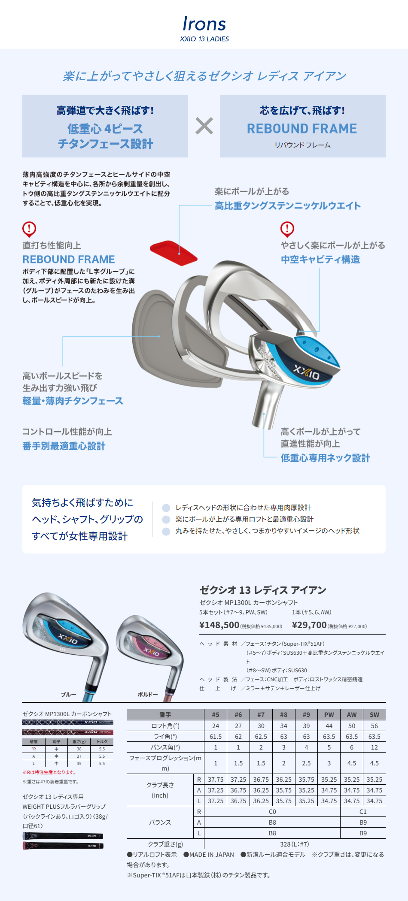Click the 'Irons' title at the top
point(204,24)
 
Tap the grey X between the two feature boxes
point(204,126)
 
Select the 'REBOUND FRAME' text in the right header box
point(302,129)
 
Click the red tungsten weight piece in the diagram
point(173,253)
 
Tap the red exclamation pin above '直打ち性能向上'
point(29,229)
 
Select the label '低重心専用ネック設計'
point(325,458)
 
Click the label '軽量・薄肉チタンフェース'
point(73,401)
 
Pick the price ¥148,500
point(219,625)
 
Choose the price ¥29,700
point(309,625)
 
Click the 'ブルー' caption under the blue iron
point(69,695)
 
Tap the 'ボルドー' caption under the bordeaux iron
point(148,695)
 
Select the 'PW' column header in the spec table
point(329,715)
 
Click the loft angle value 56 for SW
point(374,726)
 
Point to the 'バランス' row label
point(160,822)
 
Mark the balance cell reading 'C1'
point(363,812)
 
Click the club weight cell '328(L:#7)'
point(295,844)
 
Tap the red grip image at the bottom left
point(63,846)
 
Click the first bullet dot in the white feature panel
point(166,508)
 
